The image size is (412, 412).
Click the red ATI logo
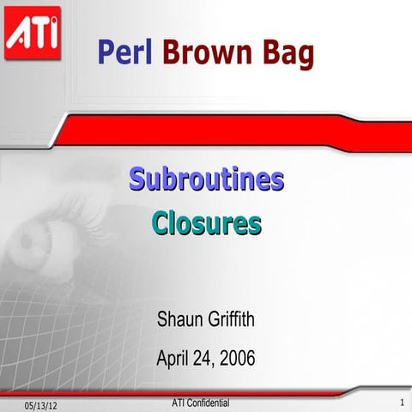tap(32, 33)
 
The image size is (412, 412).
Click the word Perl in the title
tap(124, 53)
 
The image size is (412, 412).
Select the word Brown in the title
tap(204, 53)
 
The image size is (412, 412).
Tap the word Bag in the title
tap(284, 53)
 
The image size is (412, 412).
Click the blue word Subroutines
tap(206, 180)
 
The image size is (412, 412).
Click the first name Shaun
tap(178, 322)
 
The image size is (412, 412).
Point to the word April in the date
tap(174, 358)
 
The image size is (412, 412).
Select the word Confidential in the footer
tap(208, 401)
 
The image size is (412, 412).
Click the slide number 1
tap(401, 403)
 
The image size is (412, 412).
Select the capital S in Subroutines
tap(136, 180)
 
